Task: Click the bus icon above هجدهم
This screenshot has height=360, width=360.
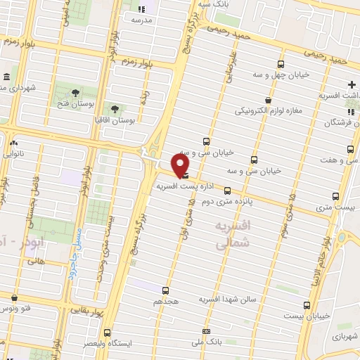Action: [x=165, y=290]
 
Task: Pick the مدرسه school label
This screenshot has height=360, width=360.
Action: [x=142, y=20]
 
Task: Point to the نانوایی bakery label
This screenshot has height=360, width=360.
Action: [x=13, y=153]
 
